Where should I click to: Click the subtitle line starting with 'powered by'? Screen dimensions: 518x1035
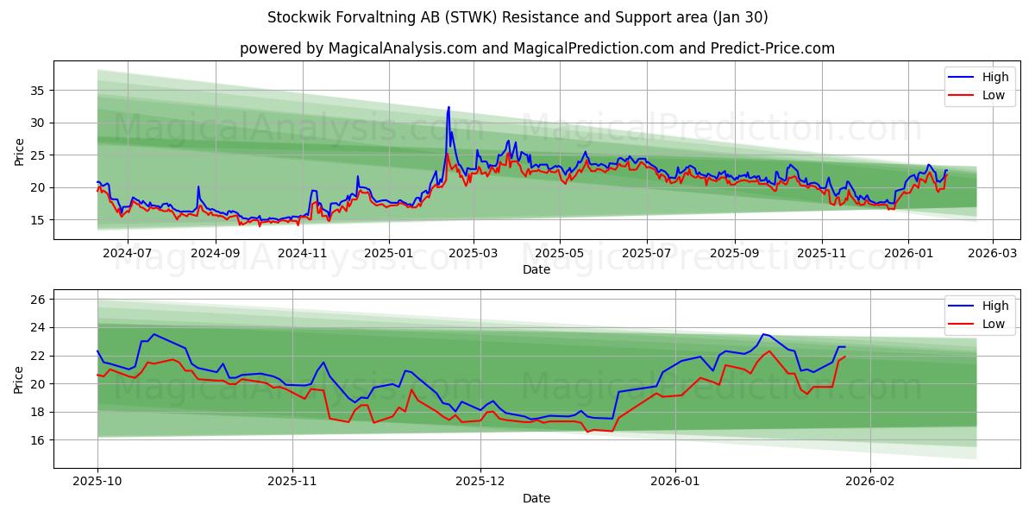[x=536, y=48]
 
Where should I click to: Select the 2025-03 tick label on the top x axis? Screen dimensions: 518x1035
[x=474, y=253]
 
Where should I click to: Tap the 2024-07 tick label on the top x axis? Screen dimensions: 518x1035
[x=128, y=253]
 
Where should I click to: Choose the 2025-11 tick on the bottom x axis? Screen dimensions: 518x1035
[x=292, y=482]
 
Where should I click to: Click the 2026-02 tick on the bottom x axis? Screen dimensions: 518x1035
[x=871, y=482]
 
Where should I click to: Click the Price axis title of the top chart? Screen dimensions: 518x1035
[x=19, y=151]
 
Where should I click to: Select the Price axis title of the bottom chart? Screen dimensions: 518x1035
[x=19, y=380]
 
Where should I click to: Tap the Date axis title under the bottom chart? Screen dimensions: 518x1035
[x=536, y=498]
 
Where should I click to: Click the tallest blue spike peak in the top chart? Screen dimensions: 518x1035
[x=448, y=107]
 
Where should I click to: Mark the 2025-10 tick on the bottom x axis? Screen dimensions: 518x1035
[x=97, y=482]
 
